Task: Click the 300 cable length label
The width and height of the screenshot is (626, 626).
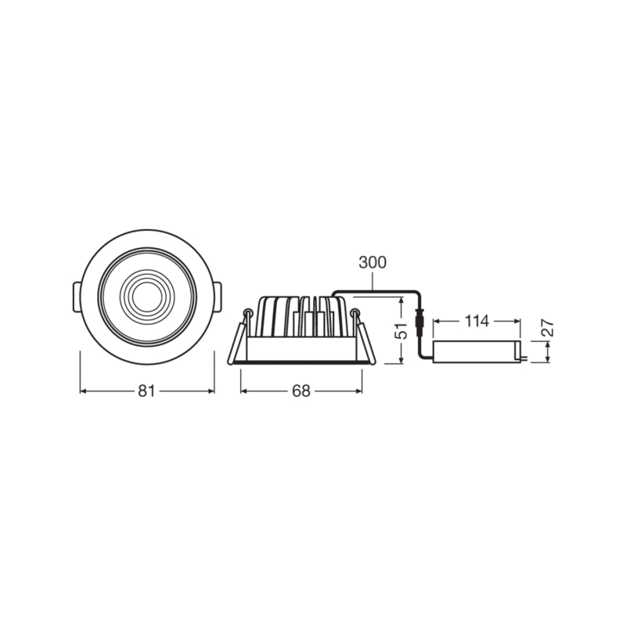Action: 372,263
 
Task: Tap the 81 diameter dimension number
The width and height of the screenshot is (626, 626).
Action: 146,390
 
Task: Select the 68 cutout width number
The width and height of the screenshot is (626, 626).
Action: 301,390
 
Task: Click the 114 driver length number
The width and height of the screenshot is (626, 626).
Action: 477,321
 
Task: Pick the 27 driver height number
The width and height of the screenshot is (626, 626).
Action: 549,328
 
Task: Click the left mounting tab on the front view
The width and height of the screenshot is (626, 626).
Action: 77,297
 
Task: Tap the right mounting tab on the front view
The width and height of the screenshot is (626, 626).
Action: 217,297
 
